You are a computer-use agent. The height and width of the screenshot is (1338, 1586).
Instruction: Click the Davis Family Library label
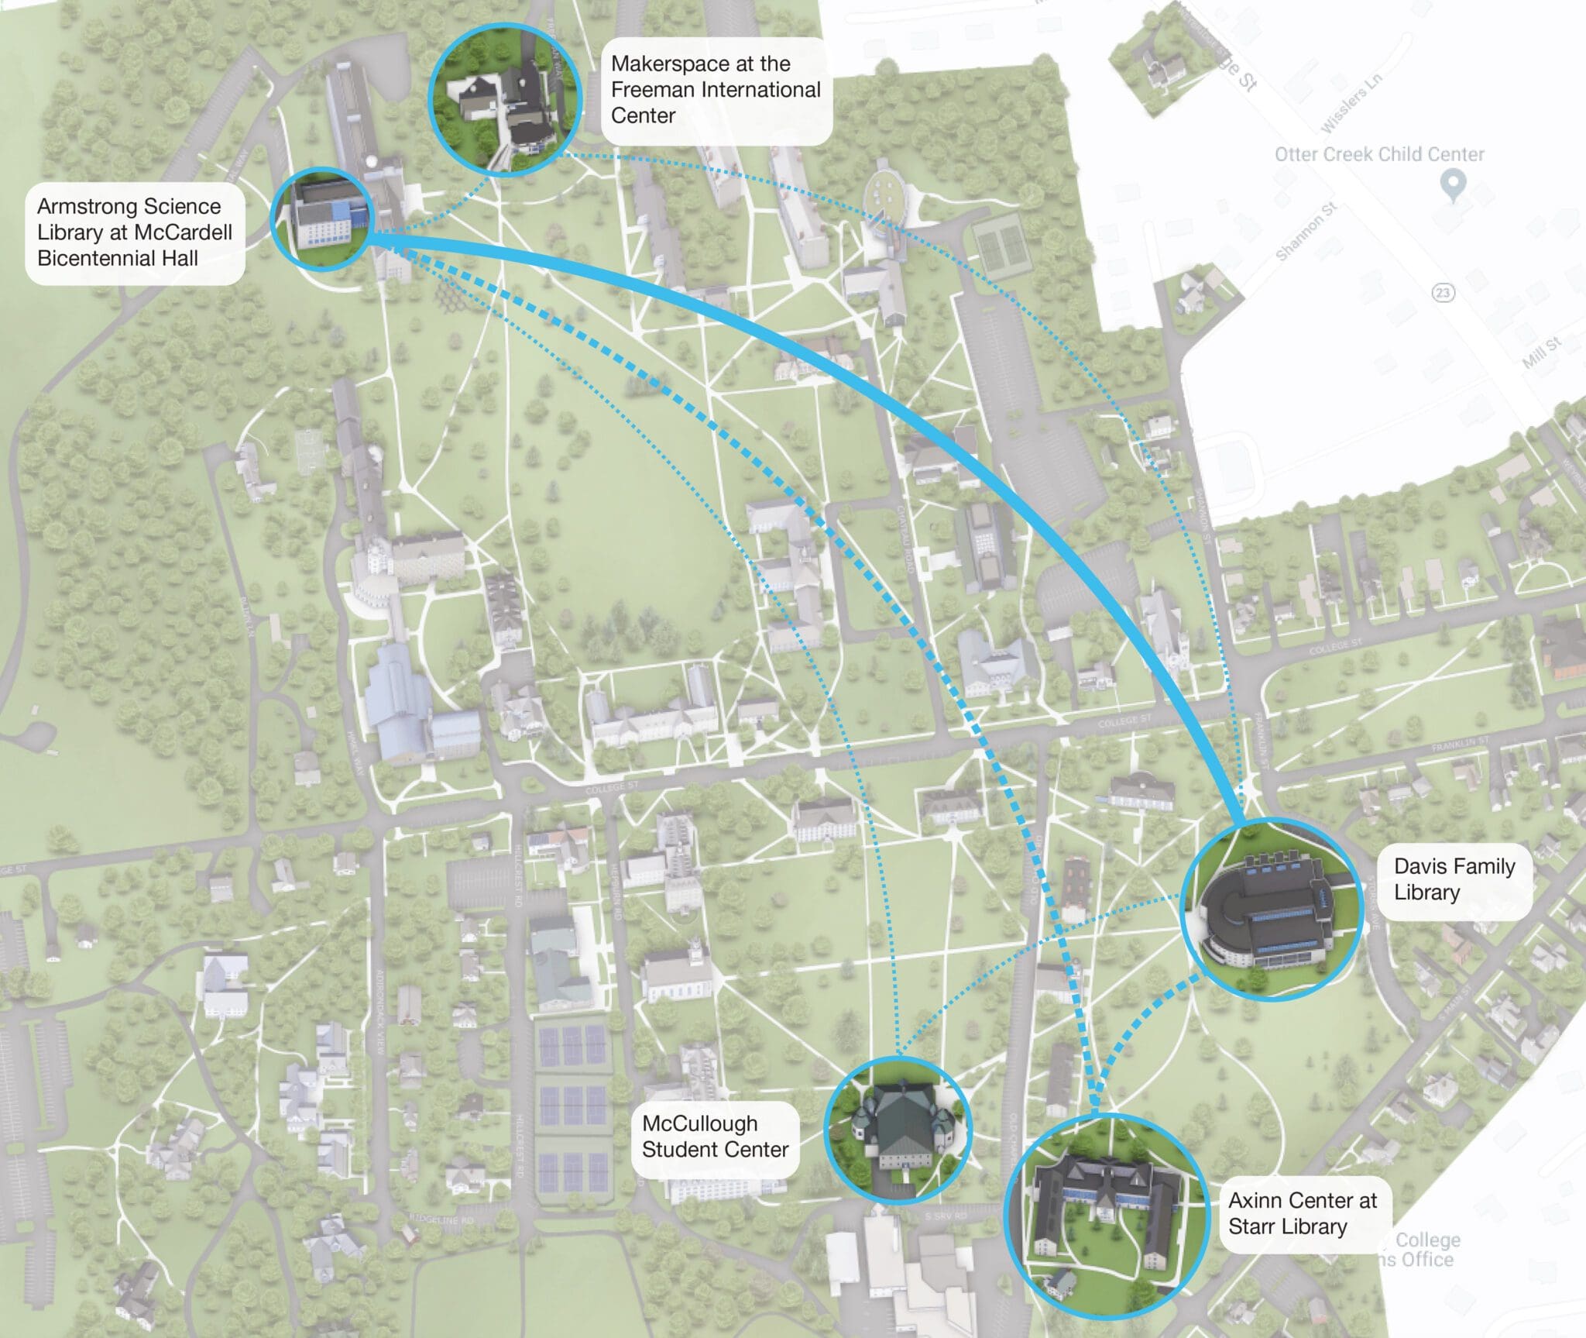(x=1454, y=879)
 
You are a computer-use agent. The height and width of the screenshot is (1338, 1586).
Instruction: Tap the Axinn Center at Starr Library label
(x=1303, y=1213)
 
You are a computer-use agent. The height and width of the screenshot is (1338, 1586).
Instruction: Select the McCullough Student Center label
(x=715, y=1137)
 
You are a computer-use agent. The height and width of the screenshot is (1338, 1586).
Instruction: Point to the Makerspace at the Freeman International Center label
(x=715, y=90)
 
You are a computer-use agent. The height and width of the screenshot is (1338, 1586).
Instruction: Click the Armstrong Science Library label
(x=135, y=232)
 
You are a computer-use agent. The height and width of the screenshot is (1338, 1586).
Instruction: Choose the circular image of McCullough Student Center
(x=898, y=1130)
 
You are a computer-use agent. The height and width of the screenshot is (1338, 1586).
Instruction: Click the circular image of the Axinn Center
(x=1106, y=1216)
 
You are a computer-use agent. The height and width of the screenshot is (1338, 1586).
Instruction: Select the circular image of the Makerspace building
(x=505, y=99)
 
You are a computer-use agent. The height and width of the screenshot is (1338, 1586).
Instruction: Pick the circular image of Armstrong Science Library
(x=322, y=218)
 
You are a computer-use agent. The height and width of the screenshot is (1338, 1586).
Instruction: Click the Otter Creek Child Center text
(x=1379, y=154)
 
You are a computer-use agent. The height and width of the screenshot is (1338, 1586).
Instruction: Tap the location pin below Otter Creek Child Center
(x=1453, y=185)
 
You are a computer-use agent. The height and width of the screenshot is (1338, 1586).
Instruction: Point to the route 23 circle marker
(x=1443, y=292)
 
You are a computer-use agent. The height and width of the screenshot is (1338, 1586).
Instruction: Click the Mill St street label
(x=1541, y=353)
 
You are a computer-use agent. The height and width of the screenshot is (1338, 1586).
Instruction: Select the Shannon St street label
(x=1306, y=231)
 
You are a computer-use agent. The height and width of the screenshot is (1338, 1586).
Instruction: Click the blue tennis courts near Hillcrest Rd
(x=572, y=1100)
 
